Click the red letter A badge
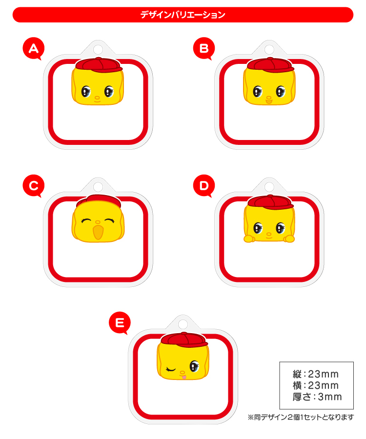(34, 48)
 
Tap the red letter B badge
(204, 48)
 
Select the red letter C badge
(34, 186)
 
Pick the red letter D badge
(204, 186)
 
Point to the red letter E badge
(120, 323)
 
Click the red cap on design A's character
(99, 65)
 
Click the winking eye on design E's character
(170, 370)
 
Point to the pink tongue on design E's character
(183, 377)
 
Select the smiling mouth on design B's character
(269, 101)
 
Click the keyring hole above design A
(98, 50)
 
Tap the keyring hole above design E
(183, 324)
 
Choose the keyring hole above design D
(269, 187)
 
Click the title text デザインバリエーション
(183, 15)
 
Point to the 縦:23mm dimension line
(316, 374)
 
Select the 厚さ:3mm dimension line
(317, 397)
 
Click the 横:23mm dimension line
(316, 385)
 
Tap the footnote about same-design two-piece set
(301, 417)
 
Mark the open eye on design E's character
(194, 366)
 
